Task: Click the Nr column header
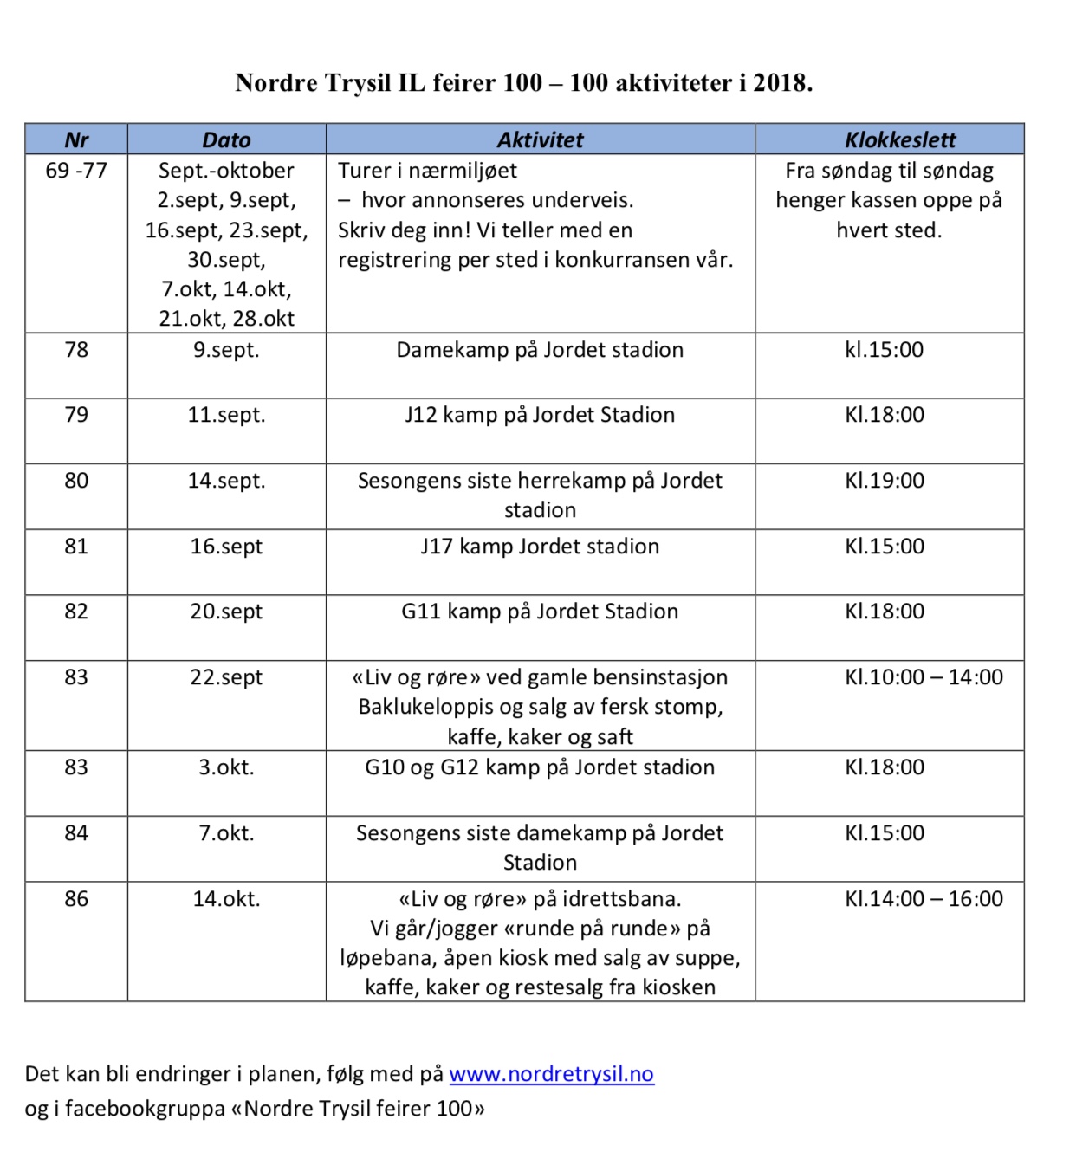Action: tap(76, 139)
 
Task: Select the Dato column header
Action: tap(226, 139)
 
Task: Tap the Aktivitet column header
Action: tap(540, 139)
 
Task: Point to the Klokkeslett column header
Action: tap(900, 139)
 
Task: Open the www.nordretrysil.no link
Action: tap(551, 1074)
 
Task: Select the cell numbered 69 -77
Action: tap(76, 171)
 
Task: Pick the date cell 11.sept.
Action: tap(226, 415)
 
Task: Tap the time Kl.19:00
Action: tap(885, 481)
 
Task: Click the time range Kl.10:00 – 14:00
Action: tap(924, 677)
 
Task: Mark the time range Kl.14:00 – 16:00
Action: tap(924, 899)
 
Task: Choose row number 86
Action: tap(76, 899)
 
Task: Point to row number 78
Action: tap(76, 350)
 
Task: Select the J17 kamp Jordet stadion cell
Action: tap(540, 547)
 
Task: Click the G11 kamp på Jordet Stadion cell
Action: tap(540, 612)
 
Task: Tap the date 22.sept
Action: tap(226, 677)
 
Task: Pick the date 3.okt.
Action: tap(226, 767)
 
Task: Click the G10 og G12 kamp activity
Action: tap(540, 767)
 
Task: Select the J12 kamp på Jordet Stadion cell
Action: tap(540, 415)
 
